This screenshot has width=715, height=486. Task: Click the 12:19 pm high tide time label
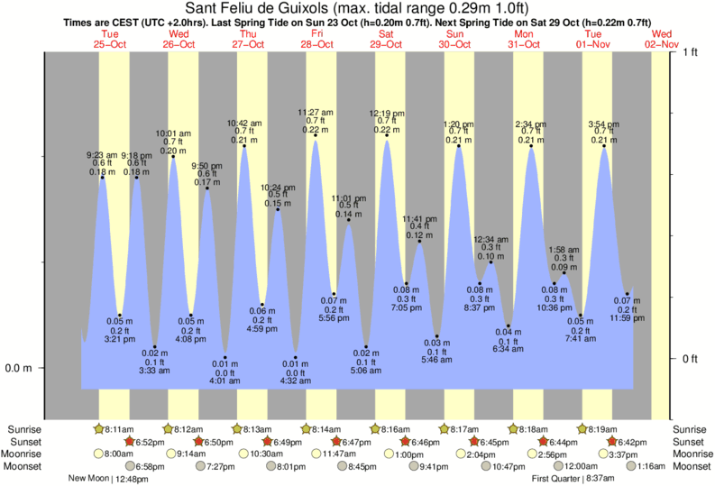pos(387,113)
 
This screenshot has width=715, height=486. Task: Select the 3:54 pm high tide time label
pos(603,124)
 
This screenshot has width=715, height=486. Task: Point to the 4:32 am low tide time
pos(295,380)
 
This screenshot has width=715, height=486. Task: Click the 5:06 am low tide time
pos(365,369)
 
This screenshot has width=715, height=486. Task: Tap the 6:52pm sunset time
pos(151,442)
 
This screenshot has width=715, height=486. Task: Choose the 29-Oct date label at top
pos(386,43)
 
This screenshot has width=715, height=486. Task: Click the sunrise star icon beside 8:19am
pos(582,429)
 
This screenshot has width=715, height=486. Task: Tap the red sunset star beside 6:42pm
pos(612,442)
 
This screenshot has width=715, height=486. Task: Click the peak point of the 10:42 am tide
pos(243,144)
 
